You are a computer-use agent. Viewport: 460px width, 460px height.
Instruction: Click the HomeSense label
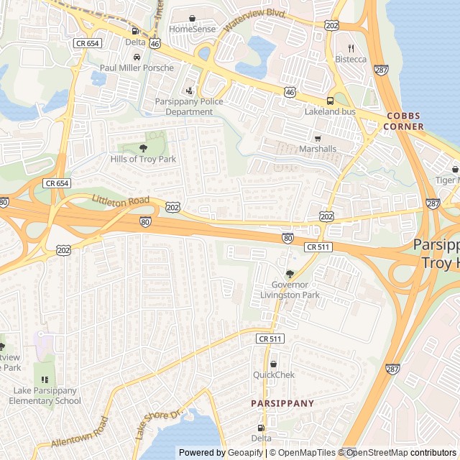(192, 29)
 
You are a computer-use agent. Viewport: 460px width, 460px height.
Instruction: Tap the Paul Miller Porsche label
(137, 68)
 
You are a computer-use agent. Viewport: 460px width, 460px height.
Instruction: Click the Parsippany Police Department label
(189, 106)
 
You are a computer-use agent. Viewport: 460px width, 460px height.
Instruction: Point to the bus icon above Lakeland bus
(330, 101)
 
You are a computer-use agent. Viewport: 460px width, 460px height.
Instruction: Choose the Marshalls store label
(318, 149)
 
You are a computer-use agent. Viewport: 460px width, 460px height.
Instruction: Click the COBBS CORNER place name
(408, 121)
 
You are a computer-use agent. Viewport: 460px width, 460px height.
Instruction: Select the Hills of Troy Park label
(143, 158)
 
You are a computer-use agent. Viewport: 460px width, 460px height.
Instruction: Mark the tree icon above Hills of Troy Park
(143, 148)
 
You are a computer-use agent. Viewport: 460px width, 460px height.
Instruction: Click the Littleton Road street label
(121, 200)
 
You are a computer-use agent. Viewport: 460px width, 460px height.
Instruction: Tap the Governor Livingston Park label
(290, 290)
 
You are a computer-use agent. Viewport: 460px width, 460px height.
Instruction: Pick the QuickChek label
(273, 374)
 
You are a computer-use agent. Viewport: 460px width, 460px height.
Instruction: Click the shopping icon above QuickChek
(273, 364)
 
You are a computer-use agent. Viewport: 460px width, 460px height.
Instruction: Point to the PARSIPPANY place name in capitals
(282, 403)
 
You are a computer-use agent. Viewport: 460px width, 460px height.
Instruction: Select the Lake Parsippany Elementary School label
(47, 395)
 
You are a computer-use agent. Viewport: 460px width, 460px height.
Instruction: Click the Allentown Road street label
(79, 433)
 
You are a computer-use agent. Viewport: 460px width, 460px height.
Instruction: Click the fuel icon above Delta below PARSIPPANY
(261, 428)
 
